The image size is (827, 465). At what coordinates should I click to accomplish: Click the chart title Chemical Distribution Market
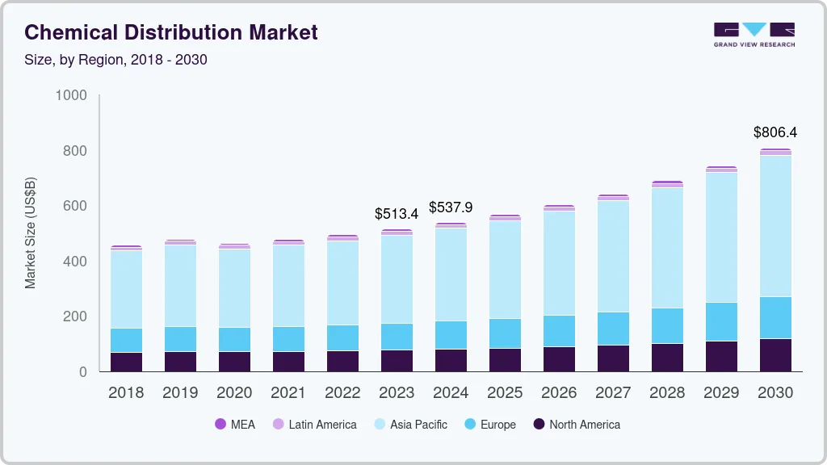171,32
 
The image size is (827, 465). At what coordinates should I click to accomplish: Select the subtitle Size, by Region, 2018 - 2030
115,60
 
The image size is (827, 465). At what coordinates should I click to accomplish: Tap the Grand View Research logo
754,34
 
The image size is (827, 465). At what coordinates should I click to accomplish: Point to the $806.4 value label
775,132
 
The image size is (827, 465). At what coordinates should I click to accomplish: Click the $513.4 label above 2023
397,214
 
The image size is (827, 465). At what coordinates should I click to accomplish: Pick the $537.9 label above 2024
451,207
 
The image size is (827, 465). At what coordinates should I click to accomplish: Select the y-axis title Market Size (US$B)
31,233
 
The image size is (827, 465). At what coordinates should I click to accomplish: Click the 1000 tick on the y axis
70,96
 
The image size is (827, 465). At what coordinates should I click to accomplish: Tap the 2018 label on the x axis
126,393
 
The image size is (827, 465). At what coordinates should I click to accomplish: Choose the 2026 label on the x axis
559,393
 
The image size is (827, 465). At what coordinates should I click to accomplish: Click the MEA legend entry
235,425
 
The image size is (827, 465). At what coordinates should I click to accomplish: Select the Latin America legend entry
314,425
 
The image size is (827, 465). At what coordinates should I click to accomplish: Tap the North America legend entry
577,425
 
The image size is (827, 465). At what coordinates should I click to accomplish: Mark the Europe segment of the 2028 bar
667,325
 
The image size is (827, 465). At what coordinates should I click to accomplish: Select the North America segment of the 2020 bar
234,362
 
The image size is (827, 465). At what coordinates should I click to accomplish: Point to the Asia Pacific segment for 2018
126,289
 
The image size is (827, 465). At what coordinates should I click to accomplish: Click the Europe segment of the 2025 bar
505,333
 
